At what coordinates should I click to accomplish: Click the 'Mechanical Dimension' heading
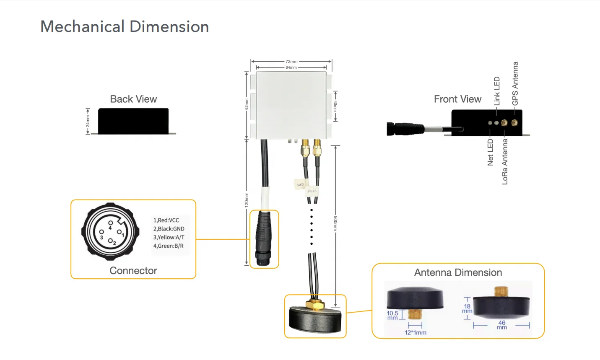pyautogui.click(x=125, y=26)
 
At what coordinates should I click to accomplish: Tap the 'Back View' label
pyautogui.click(x=133, y=99)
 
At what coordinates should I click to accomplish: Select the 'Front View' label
pyautogui.click(x=457, y=99)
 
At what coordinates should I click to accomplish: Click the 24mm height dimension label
pyautogui.click(x=88, y=122)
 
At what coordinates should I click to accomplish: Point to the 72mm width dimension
pyautogui.click(x=291, y=62)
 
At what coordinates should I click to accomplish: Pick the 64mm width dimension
pyautogui.click(x=291, y=67)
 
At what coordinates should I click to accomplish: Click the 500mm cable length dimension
pyautogui.click(x=335, y=223)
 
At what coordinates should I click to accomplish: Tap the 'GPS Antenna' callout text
pyautogui.click(x=515, y=83)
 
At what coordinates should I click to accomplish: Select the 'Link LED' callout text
pyautogui.click(x=497, y=91)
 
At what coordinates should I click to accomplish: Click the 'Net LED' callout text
pyautogui.click(x=491, y=153)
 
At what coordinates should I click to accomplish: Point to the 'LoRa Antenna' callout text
pyautogui.click(x=505, y=161)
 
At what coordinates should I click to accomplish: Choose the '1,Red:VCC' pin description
pyautogui.click(x=166, y=220)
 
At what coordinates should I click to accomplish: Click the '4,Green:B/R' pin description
pyautogui.click(x=168, y=246)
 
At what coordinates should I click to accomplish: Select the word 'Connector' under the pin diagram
pyautogui.click(x=133, y=271)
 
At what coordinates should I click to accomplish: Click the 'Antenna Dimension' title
pyautogui.click(x=458, y=272)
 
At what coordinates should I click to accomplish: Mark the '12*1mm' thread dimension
pyautogui.click(x=415, y=333)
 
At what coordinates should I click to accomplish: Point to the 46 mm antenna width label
pyautogui.click(x=501, y=325)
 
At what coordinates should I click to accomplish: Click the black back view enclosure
pyautogui.click(x=133, y=121)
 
